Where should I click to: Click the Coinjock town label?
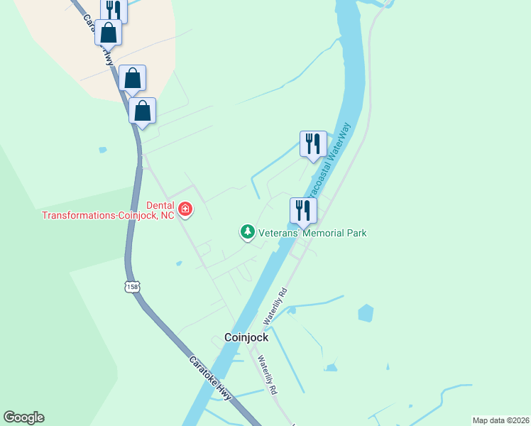[246, 338]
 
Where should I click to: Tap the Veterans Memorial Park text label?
[312, 232]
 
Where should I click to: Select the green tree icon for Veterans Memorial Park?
[247, 231]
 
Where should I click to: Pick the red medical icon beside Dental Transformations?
[185, 209]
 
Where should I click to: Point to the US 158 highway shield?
[131, 286]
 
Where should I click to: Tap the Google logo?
[23, 417]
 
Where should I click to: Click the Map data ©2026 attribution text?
[500, 420]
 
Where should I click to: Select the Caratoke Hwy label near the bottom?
[211, 378]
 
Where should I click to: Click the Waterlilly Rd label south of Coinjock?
[267, 375]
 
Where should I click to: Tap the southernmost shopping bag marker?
[142, 111]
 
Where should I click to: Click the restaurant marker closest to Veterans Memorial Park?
[303, 210]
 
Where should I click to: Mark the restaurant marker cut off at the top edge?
[114, 9]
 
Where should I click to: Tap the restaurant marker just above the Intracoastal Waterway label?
[313, 144]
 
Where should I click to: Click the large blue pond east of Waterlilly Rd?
[366, 312]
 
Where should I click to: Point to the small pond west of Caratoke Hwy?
[104, 150]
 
